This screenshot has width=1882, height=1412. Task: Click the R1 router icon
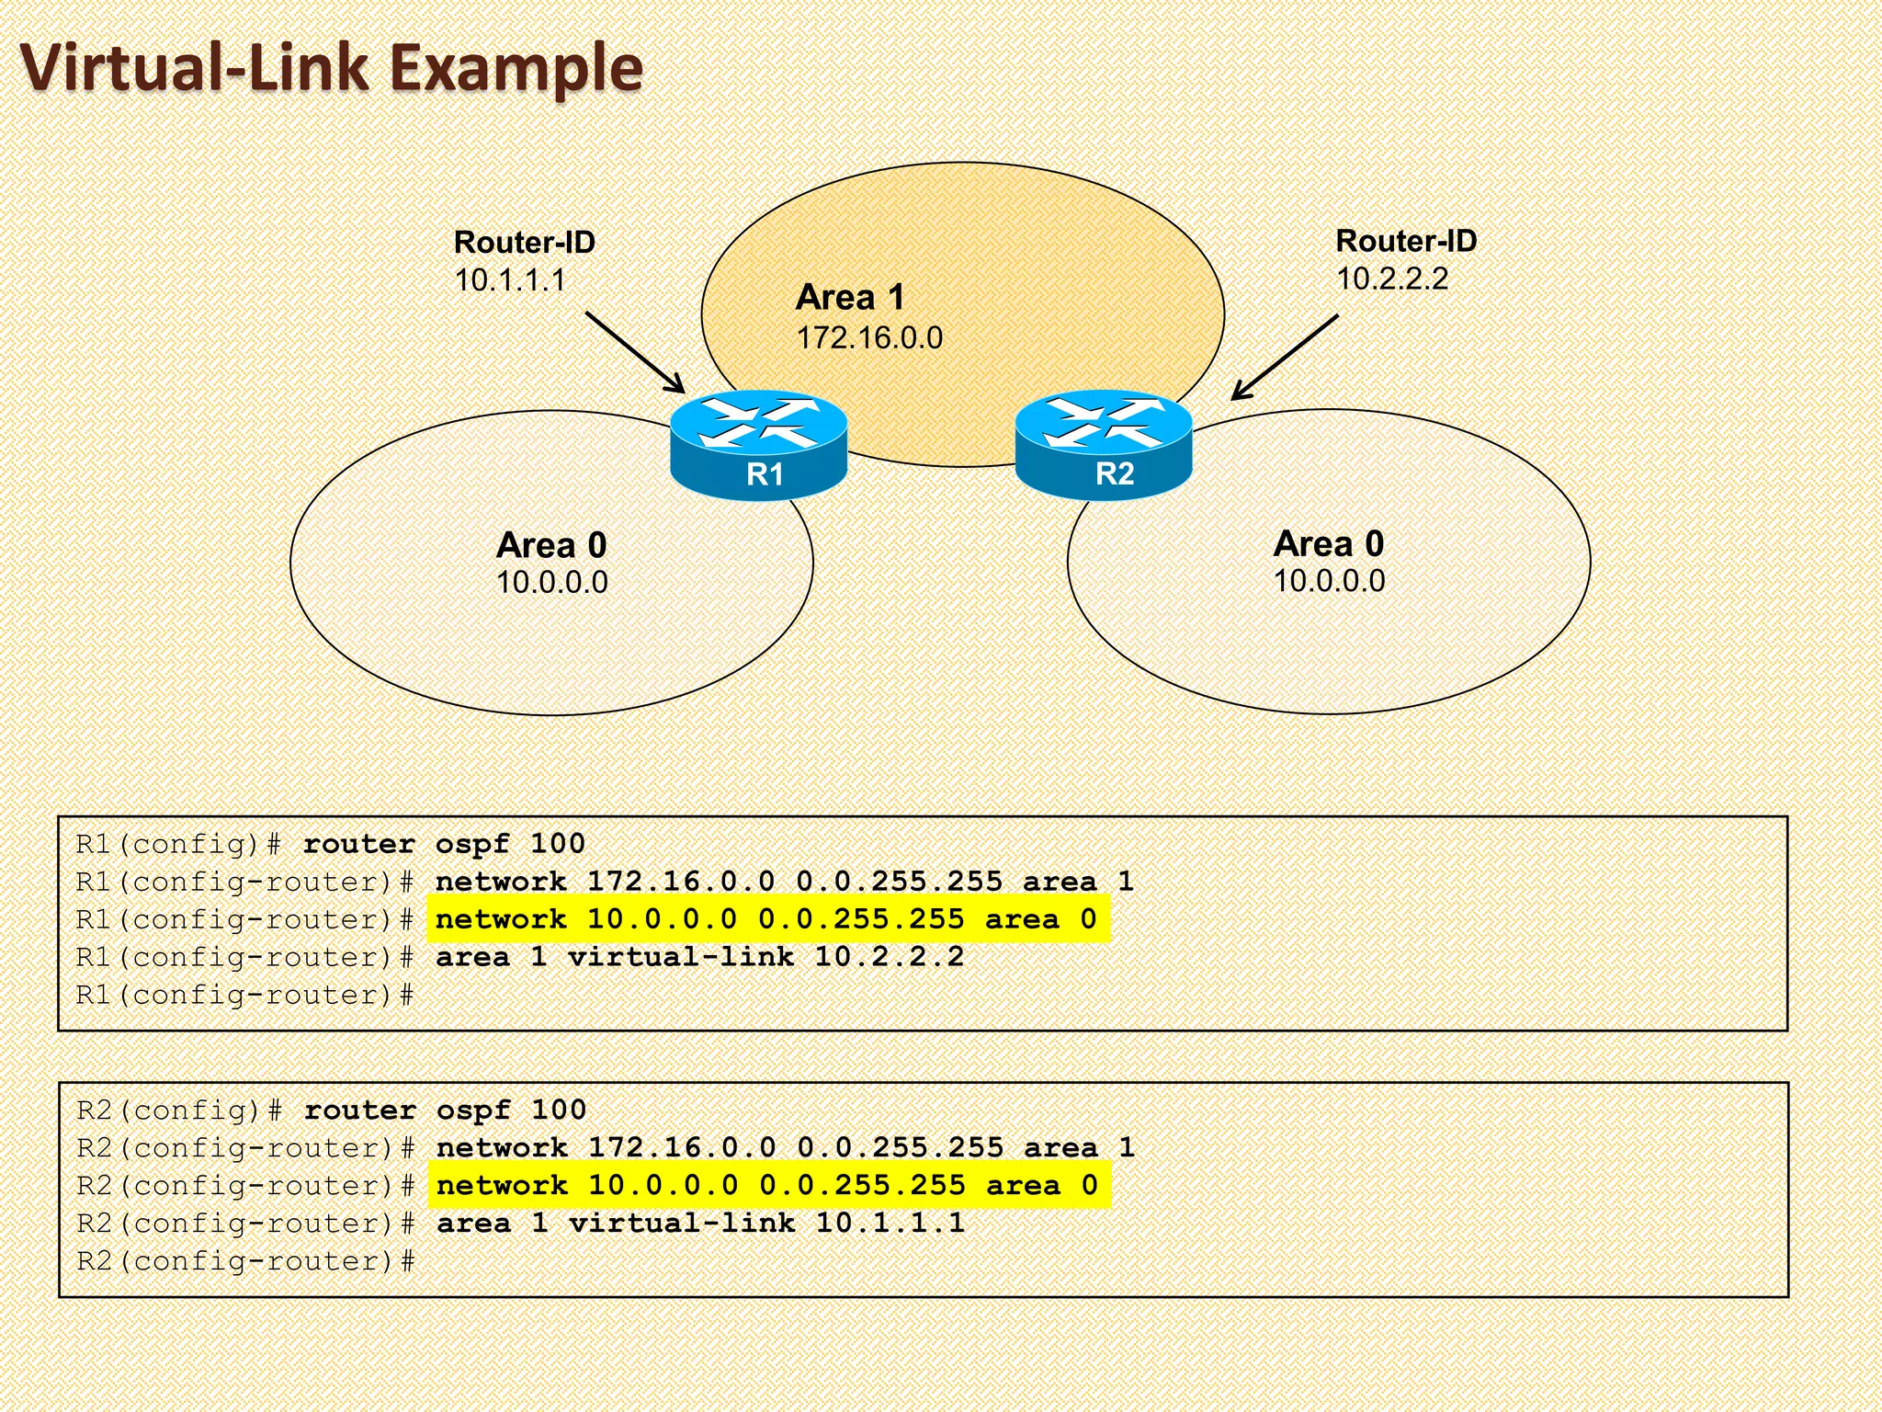coord(758,445)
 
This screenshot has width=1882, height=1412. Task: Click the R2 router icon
coord(1104,444)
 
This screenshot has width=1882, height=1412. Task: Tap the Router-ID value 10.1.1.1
coord(510,280)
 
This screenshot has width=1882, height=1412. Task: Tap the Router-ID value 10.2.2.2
coord(1391,279)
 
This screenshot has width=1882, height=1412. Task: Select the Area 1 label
coord(850,297)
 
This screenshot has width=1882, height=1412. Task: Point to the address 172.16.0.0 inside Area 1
coord(869,337)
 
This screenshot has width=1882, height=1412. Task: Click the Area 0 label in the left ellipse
coord(551,545)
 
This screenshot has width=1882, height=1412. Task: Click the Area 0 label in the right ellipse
coord(1328,543)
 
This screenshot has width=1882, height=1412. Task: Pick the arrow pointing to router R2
coord(1284,358)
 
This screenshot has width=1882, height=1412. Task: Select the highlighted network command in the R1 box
coord(766,919)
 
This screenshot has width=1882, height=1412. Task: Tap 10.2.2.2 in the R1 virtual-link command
coord(889,957)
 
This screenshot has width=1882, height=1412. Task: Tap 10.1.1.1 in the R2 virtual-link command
coord(890,1223)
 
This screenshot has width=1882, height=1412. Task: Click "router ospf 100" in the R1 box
coord(444,844)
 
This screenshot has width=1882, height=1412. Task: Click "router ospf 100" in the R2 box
coord(445,1110)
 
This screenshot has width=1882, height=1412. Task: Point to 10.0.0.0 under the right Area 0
coord(1329,581)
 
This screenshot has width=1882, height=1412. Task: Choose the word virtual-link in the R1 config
coord(680,957)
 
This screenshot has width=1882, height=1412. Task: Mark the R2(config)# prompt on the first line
coord(179,1110)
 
